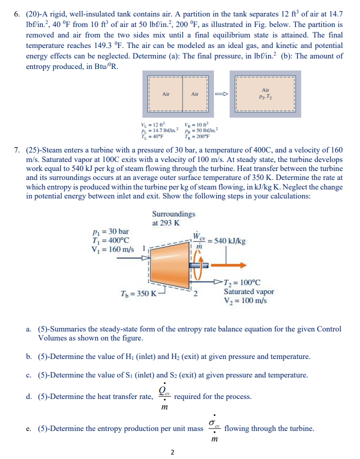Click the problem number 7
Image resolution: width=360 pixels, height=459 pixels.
[x=16, y=149]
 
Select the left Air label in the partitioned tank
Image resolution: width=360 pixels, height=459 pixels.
[x=166, y=93]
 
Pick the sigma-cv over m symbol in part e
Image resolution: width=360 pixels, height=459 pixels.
[x=214, y=428]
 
